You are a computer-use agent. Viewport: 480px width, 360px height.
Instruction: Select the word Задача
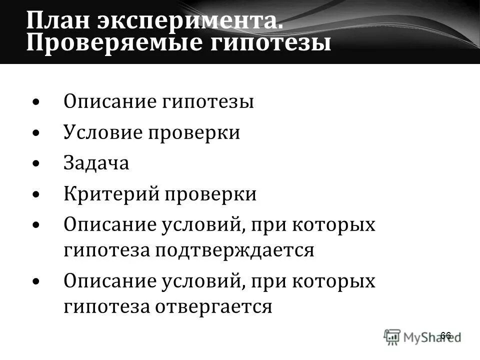click(96, 163)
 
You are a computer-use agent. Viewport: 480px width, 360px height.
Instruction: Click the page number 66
click(445, 335)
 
